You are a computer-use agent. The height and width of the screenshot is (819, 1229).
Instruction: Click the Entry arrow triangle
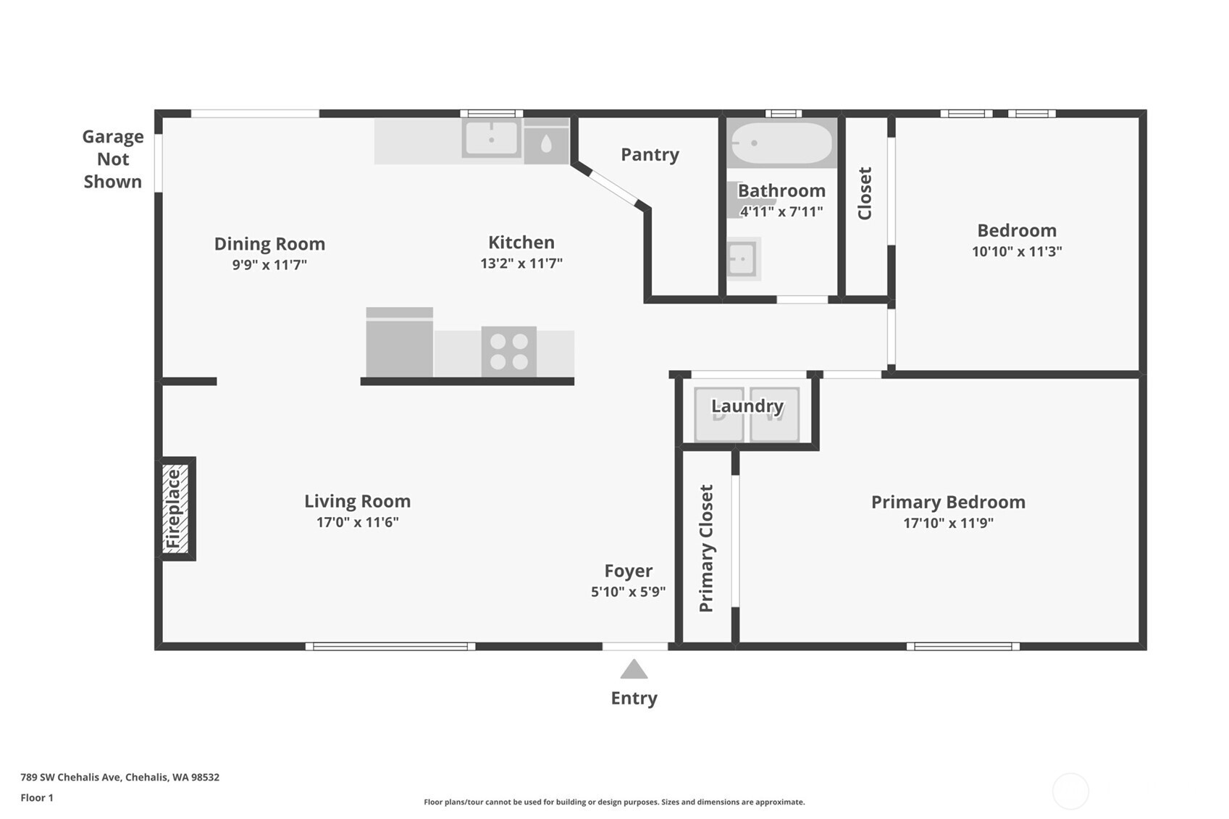point(634,669)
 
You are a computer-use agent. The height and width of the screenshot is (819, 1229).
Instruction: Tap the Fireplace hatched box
point(175,508)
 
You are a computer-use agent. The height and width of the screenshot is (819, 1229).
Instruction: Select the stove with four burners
point(508,352)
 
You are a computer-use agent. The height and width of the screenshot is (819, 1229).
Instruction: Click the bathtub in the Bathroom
point(782,143)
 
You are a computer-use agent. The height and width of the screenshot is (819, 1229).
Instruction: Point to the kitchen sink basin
point(491,139)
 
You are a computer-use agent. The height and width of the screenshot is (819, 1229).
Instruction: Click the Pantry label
point(650,155)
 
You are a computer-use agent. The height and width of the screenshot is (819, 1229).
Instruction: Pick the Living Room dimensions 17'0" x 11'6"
point(357,521)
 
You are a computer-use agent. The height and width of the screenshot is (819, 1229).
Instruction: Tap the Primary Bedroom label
point(948,502)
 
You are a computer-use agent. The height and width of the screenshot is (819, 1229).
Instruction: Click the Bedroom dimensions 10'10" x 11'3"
point(1017,251)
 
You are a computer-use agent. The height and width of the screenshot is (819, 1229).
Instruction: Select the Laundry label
point(747,406)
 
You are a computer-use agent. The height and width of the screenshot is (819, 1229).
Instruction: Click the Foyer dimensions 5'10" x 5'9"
point(628,592)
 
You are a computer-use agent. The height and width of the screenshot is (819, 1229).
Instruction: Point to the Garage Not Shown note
point(113,159)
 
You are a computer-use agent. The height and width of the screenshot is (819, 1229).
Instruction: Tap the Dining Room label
point(269,243)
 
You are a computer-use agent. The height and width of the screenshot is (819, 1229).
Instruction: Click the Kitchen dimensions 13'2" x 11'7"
point(521,264)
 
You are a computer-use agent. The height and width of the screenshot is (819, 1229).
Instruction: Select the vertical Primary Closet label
point(706,548)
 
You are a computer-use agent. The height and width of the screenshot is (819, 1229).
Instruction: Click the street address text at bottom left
point(119,777)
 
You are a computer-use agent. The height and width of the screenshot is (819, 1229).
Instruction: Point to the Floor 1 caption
point(37,797)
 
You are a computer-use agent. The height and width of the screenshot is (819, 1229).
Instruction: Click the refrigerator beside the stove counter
point(400,342)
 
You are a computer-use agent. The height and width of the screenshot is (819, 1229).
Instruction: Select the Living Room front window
point(390,647)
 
